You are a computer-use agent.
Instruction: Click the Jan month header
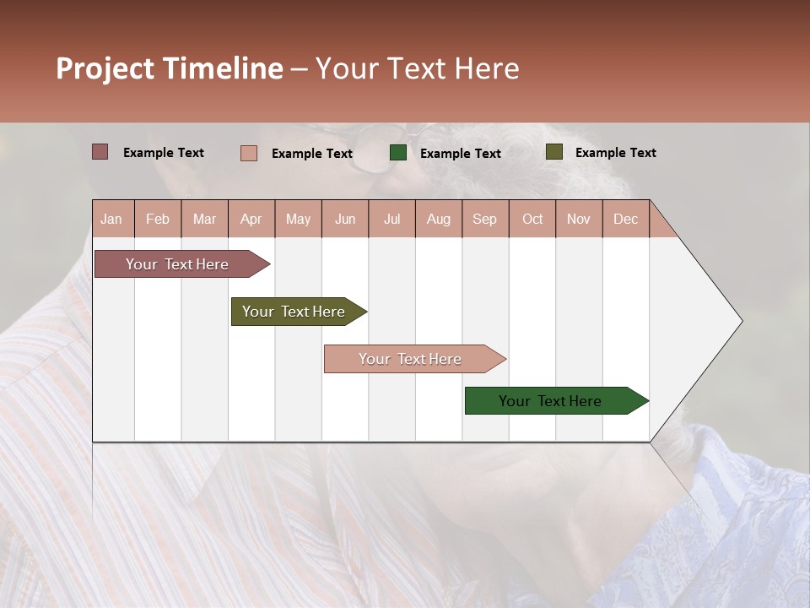point(111,220)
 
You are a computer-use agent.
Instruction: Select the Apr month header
point(251,220)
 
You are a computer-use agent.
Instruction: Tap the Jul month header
point(391,220)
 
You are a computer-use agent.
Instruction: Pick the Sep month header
point(484,220)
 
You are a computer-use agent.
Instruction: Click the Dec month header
point(625,220)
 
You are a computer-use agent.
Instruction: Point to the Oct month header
point(532,220)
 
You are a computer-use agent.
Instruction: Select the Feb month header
point(158,220)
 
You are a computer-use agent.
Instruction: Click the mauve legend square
point(100,152)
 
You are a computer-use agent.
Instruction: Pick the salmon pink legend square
point(249,153)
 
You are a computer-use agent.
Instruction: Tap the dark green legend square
point(398,153)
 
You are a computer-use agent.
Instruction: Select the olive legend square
point(553,152)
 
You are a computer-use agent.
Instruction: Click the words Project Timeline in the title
point(169,68)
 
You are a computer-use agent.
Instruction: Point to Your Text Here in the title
point(417,68)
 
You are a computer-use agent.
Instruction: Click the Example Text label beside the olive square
point(615,153)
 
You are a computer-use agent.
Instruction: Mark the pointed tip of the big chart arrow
point(741,321)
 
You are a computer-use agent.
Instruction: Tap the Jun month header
point(345,220)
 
